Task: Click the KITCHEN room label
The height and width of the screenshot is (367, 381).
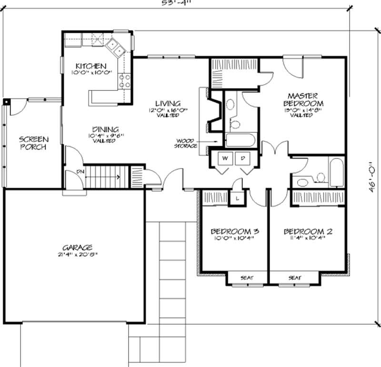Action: point(90,66)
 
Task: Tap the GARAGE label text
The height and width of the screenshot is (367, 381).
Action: point(77,248)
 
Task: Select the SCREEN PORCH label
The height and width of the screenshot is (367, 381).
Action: point(33,143)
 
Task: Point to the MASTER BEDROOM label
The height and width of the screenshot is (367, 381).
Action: point(303,99)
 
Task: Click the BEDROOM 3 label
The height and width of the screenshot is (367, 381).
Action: point(235,232)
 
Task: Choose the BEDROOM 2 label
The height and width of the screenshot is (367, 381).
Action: point(308,232)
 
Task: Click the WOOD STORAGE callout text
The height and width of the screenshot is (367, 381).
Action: point(187,143)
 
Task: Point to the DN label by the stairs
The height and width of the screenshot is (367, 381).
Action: point(74,172)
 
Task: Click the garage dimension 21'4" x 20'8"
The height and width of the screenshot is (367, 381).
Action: point(77,255)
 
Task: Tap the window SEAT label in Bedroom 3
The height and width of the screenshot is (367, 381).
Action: point(246,278)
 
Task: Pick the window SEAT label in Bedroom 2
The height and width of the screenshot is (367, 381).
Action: point(295,278)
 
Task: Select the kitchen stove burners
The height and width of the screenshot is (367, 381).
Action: point(125,80)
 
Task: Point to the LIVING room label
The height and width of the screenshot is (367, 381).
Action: point(167,103)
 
